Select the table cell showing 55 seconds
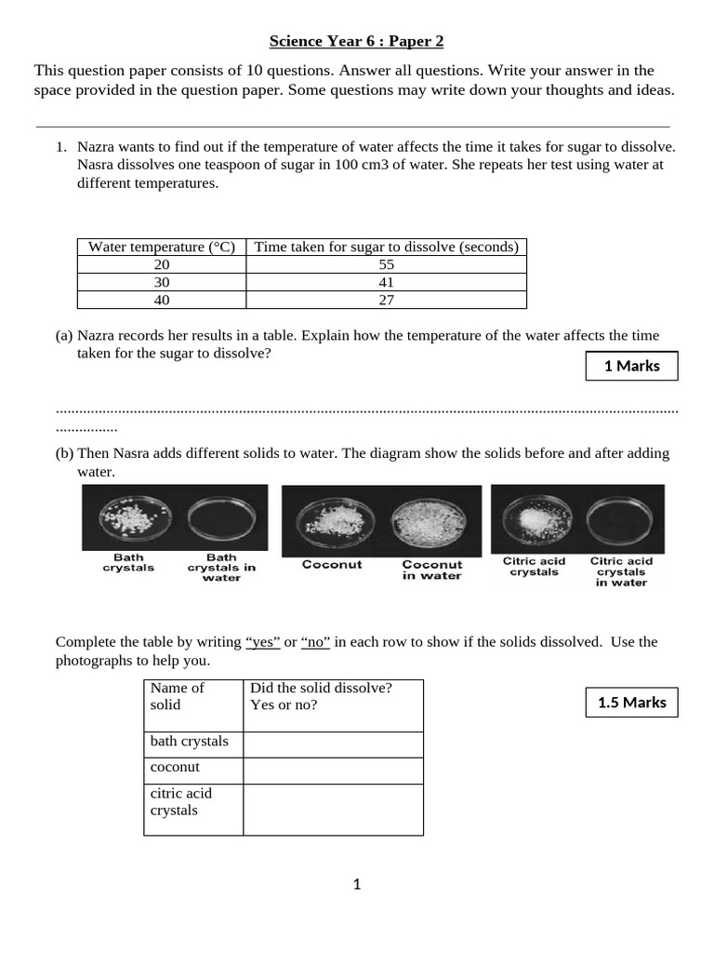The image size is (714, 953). (386, 264)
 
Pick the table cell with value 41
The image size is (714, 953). (386, 282)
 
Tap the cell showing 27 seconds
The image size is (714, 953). (386, 300)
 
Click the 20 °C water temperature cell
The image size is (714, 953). (162, 264)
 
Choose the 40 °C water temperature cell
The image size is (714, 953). (162, 300)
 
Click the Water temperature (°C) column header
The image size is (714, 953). (162, 247)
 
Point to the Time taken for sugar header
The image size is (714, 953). (386, 247)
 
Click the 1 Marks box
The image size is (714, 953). (631, 366)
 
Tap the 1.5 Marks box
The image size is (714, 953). (631, 703)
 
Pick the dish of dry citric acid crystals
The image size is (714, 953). (534, 517)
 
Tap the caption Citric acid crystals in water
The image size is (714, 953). (621, 572)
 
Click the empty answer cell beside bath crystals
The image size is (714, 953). (332, 745)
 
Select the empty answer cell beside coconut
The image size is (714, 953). (332, 770)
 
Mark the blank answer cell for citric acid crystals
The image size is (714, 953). (332, 809)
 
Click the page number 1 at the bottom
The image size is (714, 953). (356, 884)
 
